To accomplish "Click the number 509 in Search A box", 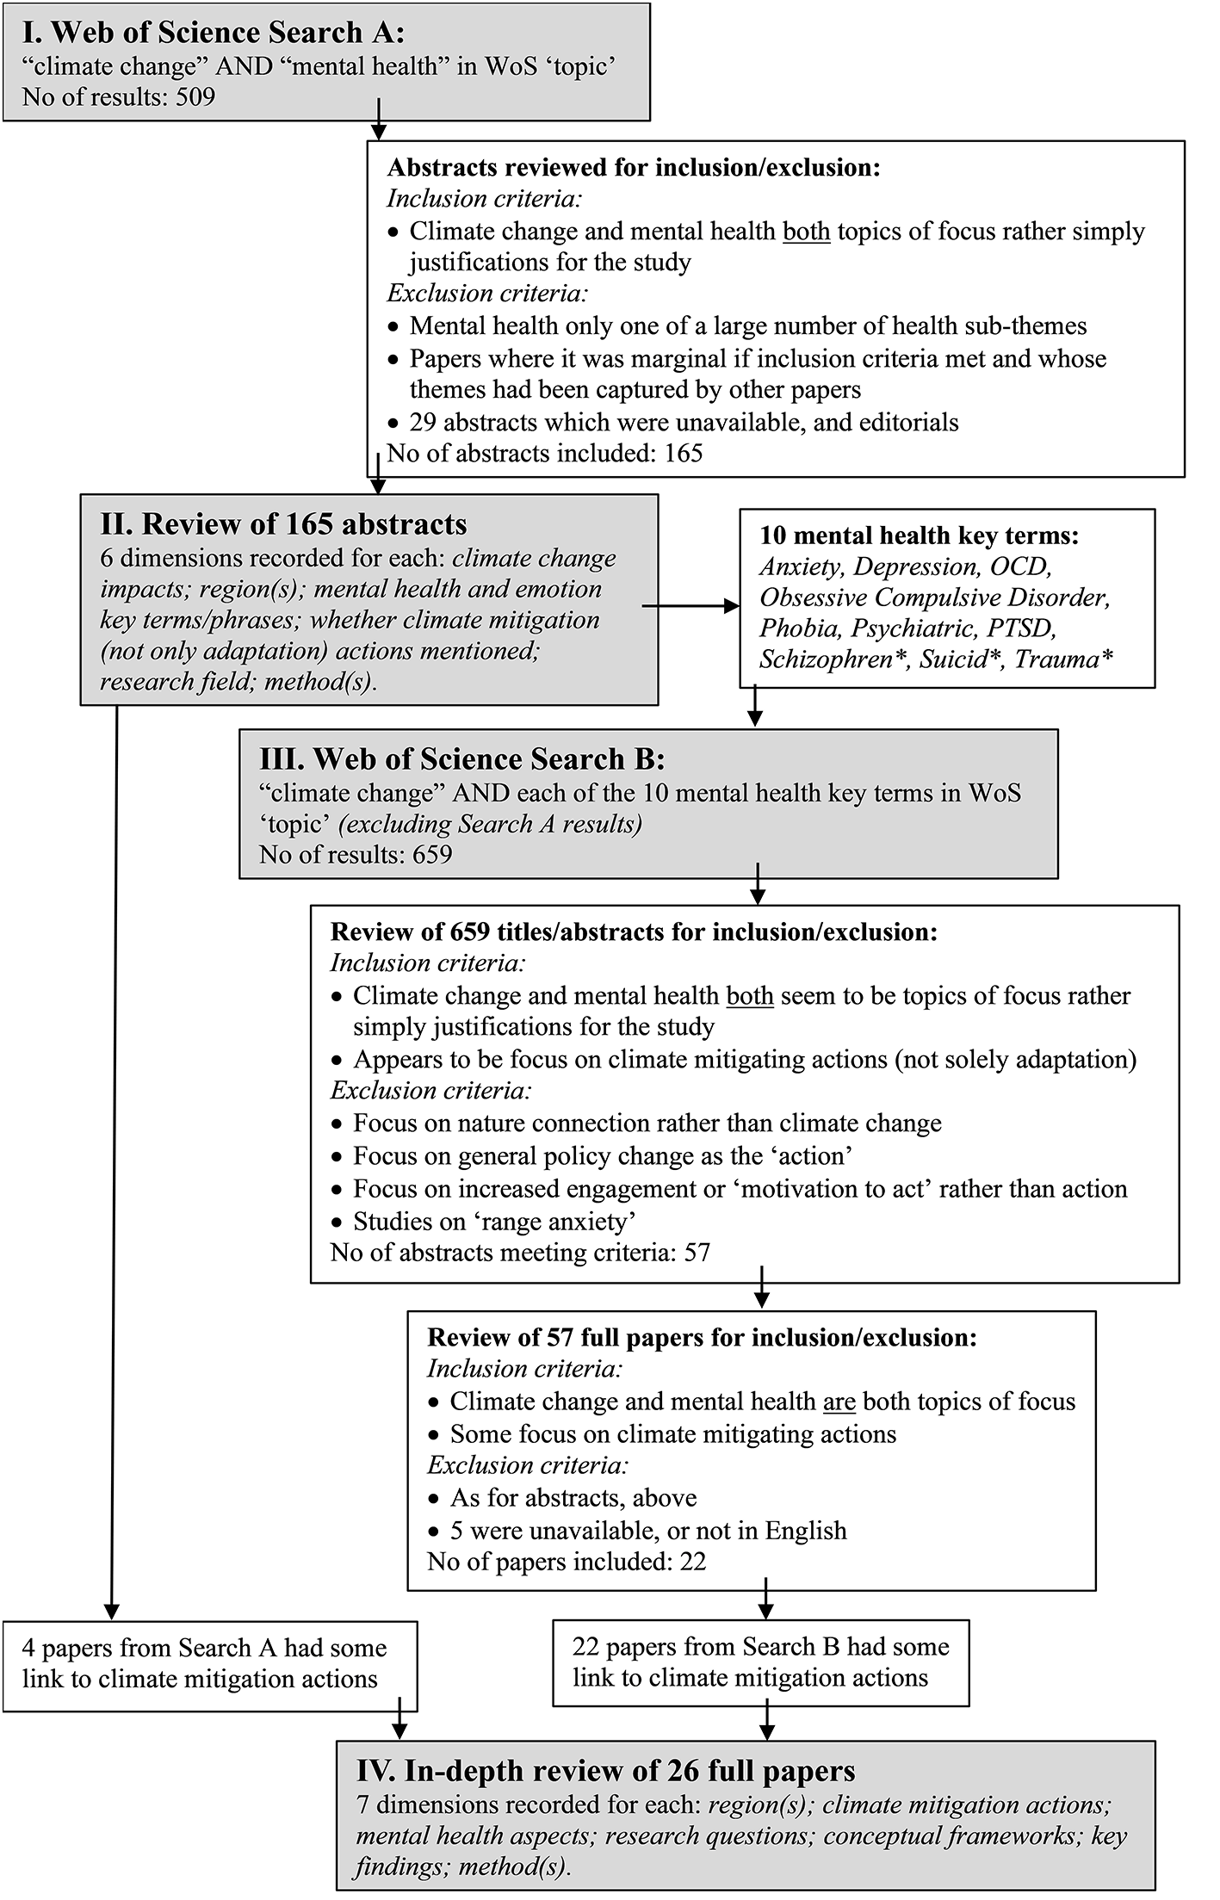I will (195, 96).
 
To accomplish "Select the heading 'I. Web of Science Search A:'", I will (214, 33).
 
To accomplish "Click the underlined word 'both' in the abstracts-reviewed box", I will (806, 232).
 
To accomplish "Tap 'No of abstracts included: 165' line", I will (545, 453).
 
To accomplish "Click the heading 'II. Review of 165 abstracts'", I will (283, 523).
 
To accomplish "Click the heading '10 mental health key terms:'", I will (919, 535).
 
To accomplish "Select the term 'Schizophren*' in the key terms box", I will (834, 659).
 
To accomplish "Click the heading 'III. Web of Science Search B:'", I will (462, 758).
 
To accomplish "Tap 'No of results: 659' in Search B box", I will (356, 854).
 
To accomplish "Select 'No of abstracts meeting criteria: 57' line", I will (520, 1252).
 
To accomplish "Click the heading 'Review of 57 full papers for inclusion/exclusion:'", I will (703, 1337).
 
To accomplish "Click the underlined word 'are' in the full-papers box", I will (839, 1402).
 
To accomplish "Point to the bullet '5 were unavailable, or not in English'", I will (647, 1530).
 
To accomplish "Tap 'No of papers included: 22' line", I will (567, 1561).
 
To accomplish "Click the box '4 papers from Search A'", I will (210, 1666).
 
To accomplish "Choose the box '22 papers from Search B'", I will (760, 1662).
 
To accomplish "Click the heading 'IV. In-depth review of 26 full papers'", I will (605, 1770).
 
